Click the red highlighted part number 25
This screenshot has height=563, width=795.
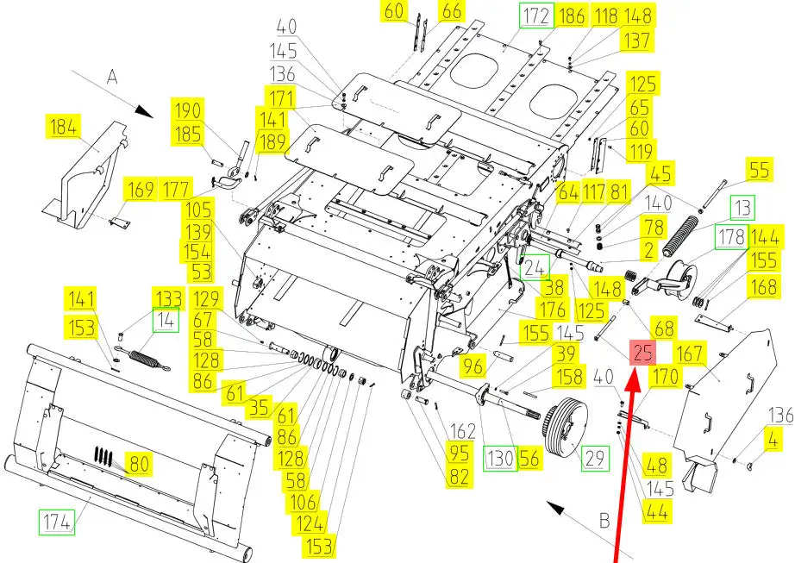click(643, 352)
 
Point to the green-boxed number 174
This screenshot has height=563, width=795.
click(56, 521)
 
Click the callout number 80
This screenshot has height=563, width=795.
click(138, 464)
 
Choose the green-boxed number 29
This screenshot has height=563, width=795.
click(595, 458)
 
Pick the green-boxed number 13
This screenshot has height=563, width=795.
click(742, 208)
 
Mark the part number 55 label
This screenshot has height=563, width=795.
click(759, 171)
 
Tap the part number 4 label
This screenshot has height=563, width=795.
click(773, 440)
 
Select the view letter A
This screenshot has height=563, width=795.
click(110, 77)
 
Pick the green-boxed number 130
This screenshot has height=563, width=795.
click(499, 460)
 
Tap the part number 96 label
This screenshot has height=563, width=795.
click(473, 366)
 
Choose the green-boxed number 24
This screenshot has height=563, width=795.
click(535, 268)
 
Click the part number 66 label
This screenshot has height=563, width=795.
click(452, 11)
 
